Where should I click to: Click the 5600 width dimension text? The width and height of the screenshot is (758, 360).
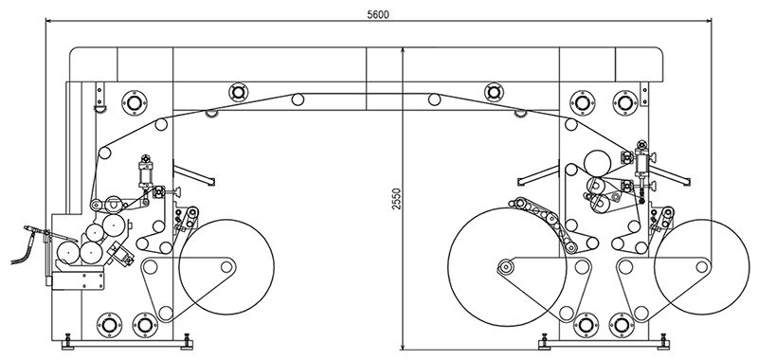(377, 14)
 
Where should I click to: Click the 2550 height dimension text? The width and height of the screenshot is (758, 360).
(397, 199)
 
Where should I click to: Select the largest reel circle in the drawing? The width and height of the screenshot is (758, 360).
(507, 267)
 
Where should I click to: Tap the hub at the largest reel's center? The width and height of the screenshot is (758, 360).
(506, 266)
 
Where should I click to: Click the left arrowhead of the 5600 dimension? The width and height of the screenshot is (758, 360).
(49, 20)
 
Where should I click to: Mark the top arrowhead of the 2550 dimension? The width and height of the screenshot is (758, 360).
(403, 51)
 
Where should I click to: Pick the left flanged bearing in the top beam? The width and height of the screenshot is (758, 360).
(239, 92)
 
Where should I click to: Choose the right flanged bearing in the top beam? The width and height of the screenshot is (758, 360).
(494, 92)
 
